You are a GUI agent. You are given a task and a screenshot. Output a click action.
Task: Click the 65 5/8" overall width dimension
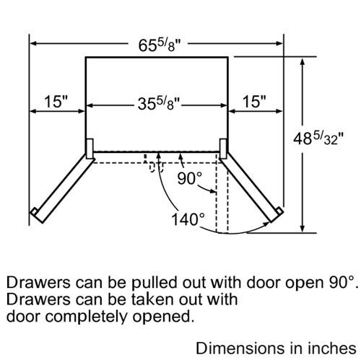159,45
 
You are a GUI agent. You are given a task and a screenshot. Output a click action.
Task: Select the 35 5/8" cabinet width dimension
159,104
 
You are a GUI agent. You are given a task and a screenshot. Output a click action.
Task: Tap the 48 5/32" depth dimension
318,139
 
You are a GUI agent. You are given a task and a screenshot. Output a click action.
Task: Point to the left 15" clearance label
56,101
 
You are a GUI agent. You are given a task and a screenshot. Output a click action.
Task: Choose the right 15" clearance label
254,101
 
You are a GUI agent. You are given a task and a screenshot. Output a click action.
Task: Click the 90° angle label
190,178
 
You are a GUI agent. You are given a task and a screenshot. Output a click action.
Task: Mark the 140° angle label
188,219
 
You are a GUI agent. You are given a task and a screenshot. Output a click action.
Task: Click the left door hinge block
90,149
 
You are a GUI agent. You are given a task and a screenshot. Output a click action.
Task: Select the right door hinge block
223,149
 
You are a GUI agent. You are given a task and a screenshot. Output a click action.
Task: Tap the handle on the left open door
34,211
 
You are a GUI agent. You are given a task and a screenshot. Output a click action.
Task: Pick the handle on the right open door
279,211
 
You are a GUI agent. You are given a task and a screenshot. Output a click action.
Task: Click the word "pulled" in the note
154,283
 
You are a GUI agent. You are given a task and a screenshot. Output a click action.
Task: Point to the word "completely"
87,317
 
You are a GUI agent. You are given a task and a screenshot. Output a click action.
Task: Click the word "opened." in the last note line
163,317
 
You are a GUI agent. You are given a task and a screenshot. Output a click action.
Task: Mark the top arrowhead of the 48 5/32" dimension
303,61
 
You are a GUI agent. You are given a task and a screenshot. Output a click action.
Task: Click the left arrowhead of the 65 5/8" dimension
34,43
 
